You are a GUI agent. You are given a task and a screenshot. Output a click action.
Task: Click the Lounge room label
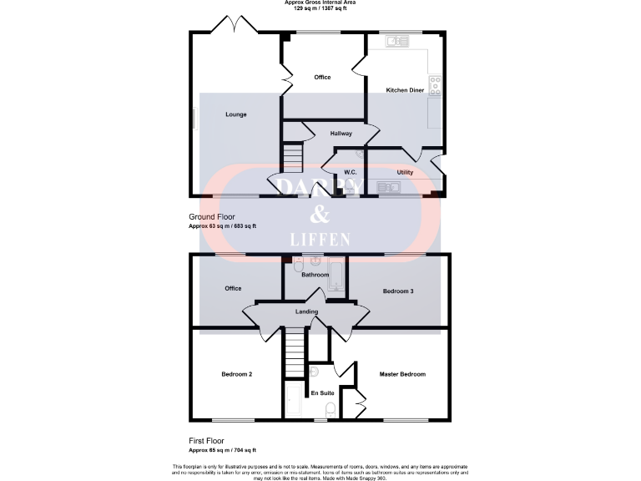point(236,114)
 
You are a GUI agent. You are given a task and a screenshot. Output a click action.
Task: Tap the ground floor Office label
point(322,78)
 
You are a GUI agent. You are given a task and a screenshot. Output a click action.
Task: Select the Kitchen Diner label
point(405,89)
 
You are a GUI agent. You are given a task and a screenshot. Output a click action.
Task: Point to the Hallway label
point(341,134)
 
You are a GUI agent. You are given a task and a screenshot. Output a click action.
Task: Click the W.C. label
point(351,172)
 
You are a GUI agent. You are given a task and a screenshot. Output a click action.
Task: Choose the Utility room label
point(405,172)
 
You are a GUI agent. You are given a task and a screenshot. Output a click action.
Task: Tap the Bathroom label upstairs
point(315,275)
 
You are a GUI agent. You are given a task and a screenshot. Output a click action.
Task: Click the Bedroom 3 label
point(398,291)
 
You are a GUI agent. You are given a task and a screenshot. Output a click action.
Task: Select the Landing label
point(307,312)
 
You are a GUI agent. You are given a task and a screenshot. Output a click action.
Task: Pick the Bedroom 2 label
point(237,374)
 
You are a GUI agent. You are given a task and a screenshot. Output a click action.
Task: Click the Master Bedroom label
point(402,374)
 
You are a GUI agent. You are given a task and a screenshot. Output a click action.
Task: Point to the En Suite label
point(322,392)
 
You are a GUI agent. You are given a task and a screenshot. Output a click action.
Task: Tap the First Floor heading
point(205,441)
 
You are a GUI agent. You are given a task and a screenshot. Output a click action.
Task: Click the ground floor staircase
point(290,156)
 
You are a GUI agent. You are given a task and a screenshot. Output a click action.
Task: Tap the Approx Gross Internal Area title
point(320,3)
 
